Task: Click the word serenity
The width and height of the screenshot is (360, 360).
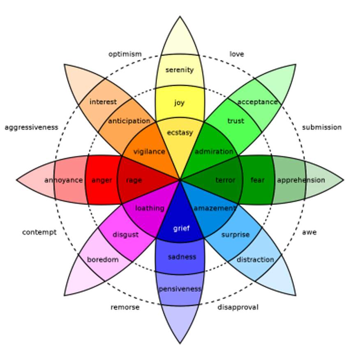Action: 180,70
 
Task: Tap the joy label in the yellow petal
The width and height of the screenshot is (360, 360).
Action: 179,103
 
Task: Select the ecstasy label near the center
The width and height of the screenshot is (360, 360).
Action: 180,133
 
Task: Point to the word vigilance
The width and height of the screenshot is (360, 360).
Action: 149,152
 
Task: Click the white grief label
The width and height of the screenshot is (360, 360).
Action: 181,228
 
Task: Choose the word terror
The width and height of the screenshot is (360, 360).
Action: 226,180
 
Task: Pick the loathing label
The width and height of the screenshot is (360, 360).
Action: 150,208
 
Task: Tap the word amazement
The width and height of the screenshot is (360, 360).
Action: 215,208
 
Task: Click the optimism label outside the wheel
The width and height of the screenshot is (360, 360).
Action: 125,54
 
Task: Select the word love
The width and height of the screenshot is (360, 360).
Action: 237,54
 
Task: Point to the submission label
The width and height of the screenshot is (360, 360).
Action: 322,127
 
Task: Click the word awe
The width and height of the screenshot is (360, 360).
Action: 309,232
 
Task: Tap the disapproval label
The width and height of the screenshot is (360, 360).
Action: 238,307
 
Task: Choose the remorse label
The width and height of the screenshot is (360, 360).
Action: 125,307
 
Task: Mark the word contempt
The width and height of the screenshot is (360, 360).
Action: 39,232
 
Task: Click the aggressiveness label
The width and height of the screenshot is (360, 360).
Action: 32,127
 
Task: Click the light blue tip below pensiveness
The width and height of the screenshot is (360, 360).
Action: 180,321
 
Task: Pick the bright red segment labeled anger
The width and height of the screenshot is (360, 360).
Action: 102,180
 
